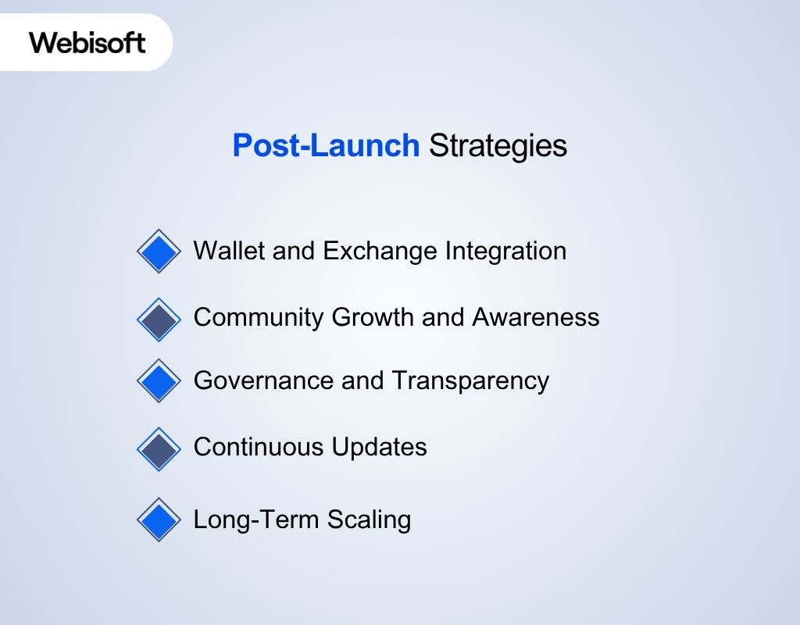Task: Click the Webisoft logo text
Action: (87, 42)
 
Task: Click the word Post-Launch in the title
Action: (326, 146)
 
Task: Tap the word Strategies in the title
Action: (498, 146)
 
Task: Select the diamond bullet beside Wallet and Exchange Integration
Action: (159, 252)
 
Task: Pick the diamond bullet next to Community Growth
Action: (159, 320)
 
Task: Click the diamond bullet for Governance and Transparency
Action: (159, 381)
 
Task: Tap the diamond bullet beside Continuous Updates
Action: (159, 448)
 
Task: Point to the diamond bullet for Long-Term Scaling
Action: (159, 520)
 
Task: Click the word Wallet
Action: (223, 251)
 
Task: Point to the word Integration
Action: (505, 251)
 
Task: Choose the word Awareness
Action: (535, 317)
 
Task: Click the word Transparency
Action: (470, 381)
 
